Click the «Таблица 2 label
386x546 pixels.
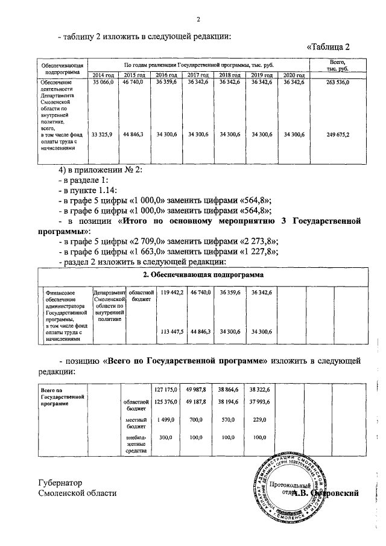point(328,46)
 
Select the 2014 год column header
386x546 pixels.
point(103,75)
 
